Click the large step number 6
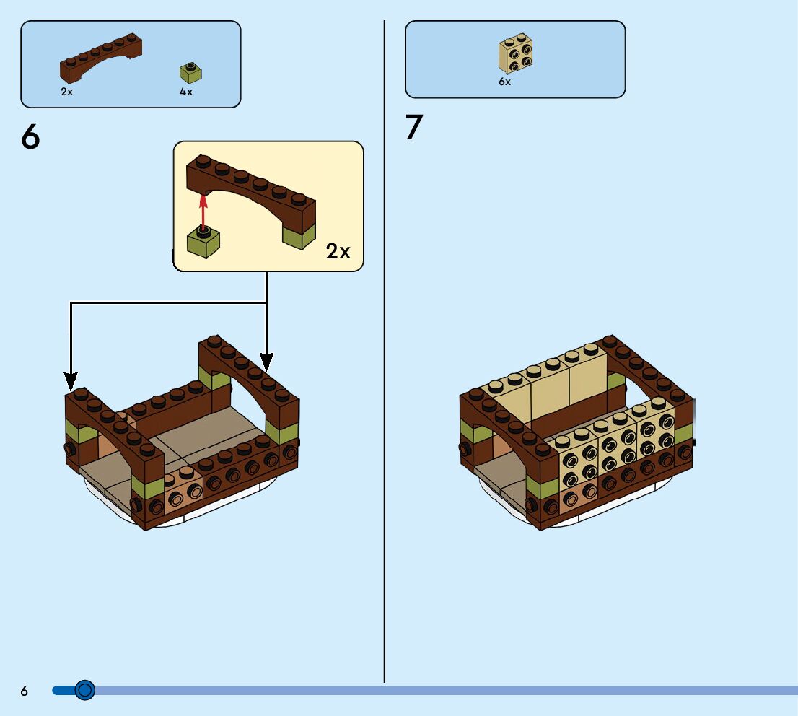point(31,137)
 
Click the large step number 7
point(413,128)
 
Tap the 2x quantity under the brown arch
point(67,92)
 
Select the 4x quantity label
point(186,92)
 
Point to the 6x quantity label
point(504,82)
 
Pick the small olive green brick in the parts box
point(190,73)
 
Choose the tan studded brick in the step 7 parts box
point(516,54)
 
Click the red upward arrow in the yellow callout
point(203,209)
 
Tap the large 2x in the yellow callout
point(338,251)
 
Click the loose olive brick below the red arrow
point(203,242)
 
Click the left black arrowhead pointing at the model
point(71,380)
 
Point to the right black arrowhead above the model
point(267,359)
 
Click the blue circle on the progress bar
point(85,691)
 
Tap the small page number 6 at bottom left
point(25,691)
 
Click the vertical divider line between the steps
point(385,361)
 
